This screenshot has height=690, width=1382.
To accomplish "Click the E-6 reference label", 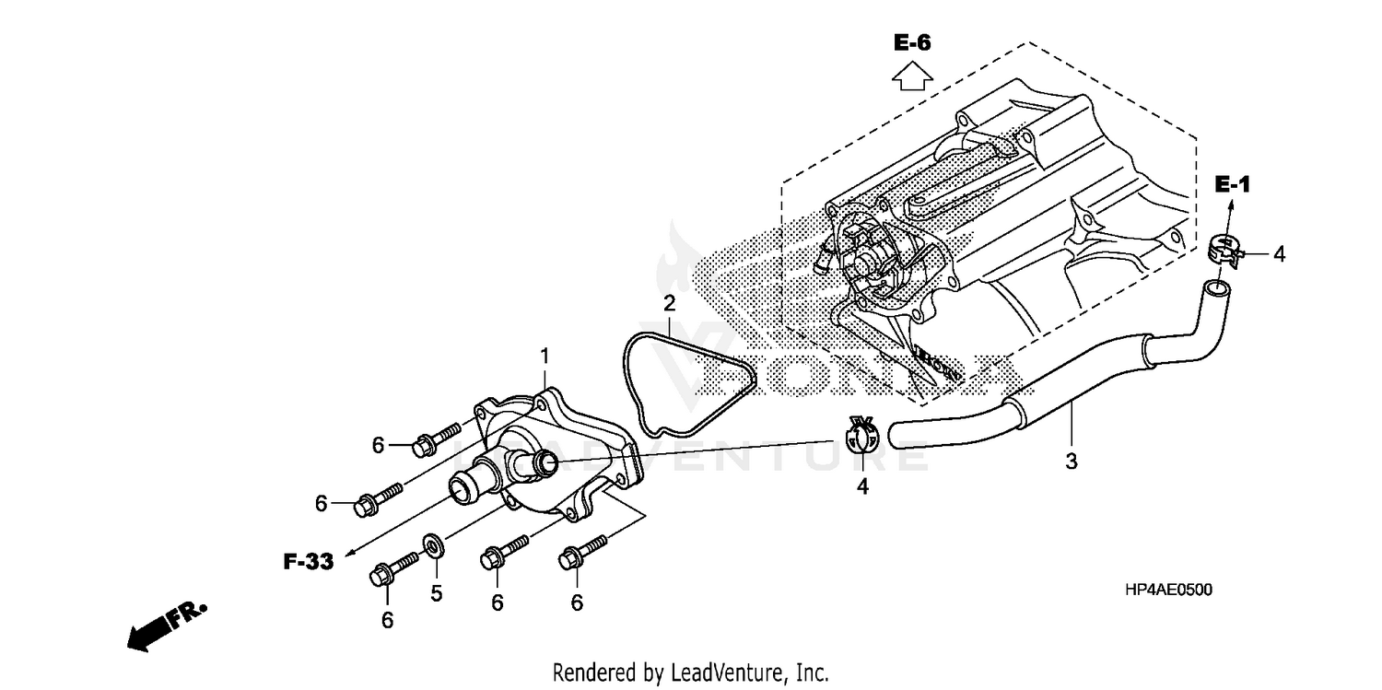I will tap(912, 41).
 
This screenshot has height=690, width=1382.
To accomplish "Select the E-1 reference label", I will tap(1231, 185).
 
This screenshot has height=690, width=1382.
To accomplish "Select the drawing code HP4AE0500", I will tap(1169, 590).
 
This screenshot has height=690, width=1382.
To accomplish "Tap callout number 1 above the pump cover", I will tap(545, 355).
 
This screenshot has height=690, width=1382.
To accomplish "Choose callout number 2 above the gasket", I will tap(670, 302).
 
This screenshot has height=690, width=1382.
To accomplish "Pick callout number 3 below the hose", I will tap(1071, 462).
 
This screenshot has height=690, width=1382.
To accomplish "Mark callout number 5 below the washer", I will tap(436, 593).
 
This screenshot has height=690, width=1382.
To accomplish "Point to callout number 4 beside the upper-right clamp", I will tap(1279, 253).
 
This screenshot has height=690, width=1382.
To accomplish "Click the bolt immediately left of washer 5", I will tap(392, 567).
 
